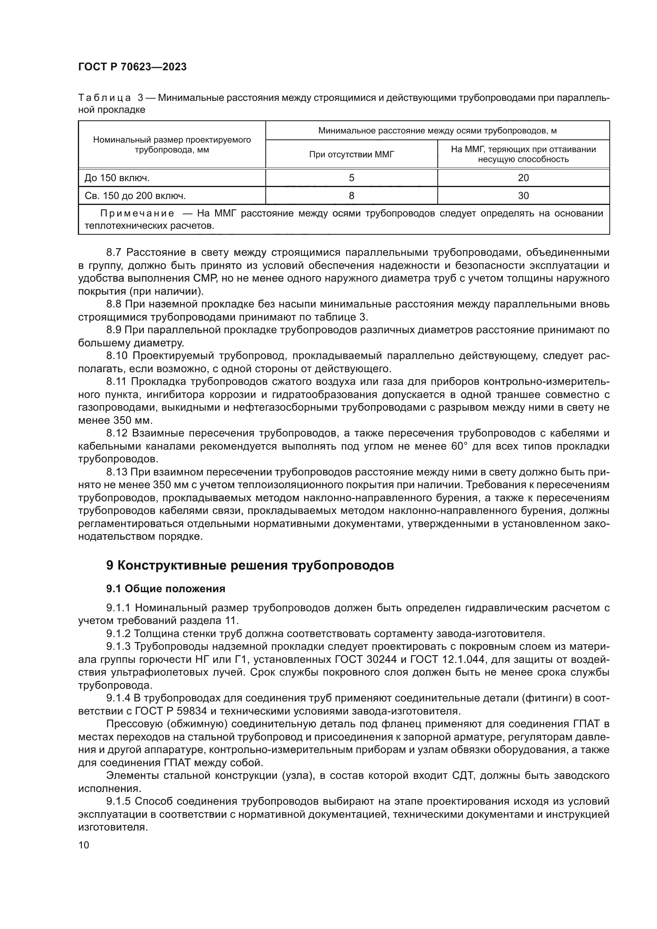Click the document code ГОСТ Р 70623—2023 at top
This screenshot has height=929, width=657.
132,67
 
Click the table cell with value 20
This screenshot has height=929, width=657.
523,178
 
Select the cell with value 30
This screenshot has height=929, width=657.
523,196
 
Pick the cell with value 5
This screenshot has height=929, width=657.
351,178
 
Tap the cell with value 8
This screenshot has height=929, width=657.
351,196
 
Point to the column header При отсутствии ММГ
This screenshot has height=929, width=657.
351,154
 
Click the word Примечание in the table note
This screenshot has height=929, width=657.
137,214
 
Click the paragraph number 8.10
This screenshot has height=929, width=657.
117,356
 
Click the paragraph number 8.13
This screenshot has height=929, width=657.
117,472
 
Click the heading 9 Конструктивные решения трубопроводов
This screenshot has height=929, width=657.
249,566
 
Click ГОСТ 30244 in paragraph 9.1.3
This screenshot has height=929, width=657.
360,660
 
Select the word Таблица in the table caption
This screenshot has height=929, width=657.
104,98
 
